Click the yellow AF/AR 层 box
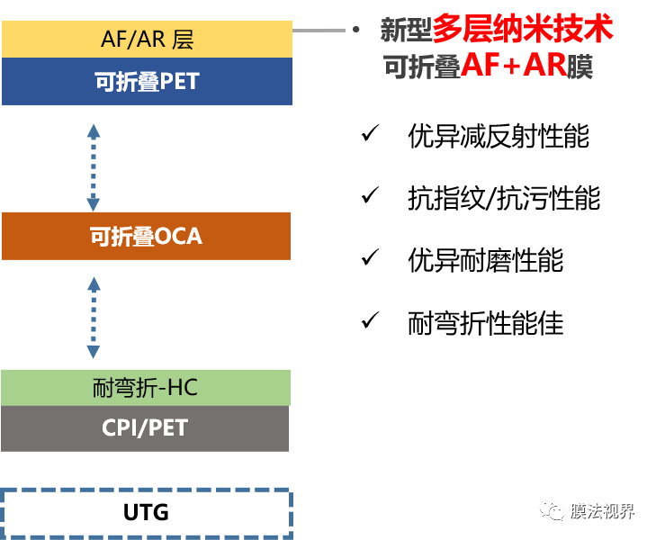click(x=147, y=40)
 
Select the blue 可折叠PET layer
click(x=147, y=81)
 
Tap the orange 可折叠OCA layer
click(x=147, y=236)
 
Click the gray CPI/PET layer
click(x=145, y=427)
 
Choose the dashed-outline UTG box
click(x=147, y=513)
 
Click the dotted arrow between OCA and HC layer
click(x=94, y=317)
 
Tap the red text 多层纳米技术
click(x=523, y=30)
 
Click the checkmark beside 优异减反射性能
click(x=369, y=135)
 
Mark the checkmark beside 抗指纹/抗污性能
click(x=369, y=196)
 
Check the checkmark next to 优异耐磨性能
click(x=369, y=258)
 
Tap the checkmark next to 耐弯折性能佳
click(x=369, y=320)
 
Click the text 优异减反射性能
click(x=499, y=136)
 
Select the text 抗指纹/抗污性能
click(x=504, y=197)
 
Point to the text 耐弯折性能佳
click(x=486, y=321)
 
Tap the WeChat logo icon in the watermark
click(x=553, y=511)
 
